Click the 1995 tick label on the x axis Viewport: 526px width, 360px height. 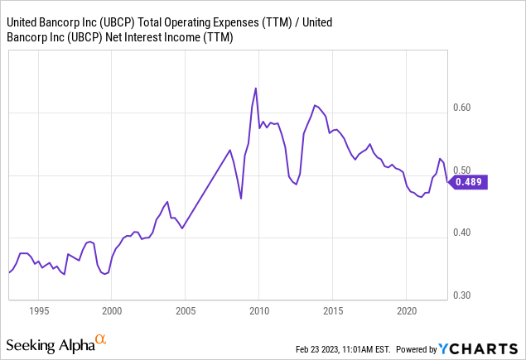pyautogui.click(x=38, y=311)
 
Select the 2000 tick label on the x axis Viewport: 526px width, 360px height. pyautogui.click(x=112, y=311)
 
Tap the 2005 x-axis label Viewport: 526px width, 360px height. pyautogui.click(x=186, y=311)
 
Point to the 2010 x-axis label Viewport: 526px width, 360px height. pyautogui.click(x=259, y=311)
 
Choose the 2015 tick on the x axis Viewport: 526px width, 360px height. pyautogui.click(x=332, y=311)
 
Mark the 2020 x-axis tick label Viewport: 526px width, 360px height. pyautogui.click(x=406, y=311)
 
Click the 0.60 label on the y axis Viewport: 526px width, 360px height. pyautogui.click(x=463, y=107)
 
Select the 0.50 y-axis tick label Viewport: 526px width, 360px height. pyautogui.click(x=463, y=170)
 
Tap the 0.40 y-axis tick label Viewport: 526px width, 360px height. pyautogui.click(x=463, y=233)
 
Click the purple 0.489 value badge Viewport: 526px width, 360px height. pyautogui.click(x=470, y=182)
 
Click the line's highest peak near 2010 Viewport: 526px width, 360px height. pyautogui.click(x=255, y=89)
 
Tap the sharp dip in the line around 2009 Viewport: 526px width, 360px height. pyautogui.click(x=241, y=198)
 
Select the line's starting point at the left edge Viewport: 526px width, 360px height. pyautogui.click(x=9, y=272)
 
